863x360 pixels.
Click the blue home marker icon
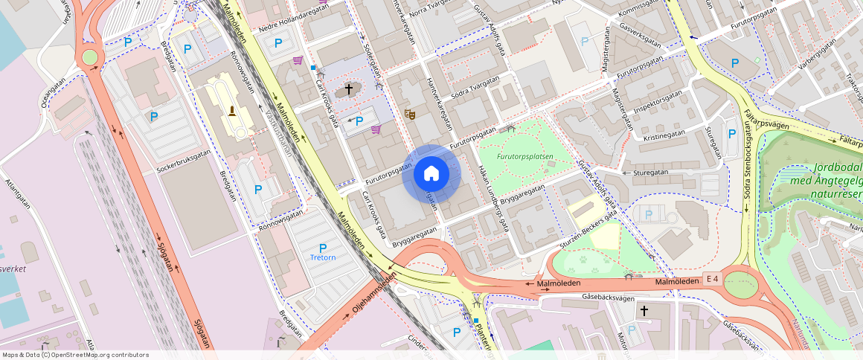(431, 174)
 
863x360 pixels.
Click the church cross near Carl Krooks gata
(347, 91)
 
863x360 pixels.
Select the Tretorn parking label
(322, 257)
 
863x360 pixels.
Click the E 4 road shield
(712, 279)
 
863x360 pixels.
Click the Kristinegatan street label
(664, 136)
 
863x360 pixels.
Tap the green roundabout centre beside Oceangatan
(90, 57)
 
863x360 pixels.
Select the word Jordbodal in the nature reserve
(838, 168)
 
